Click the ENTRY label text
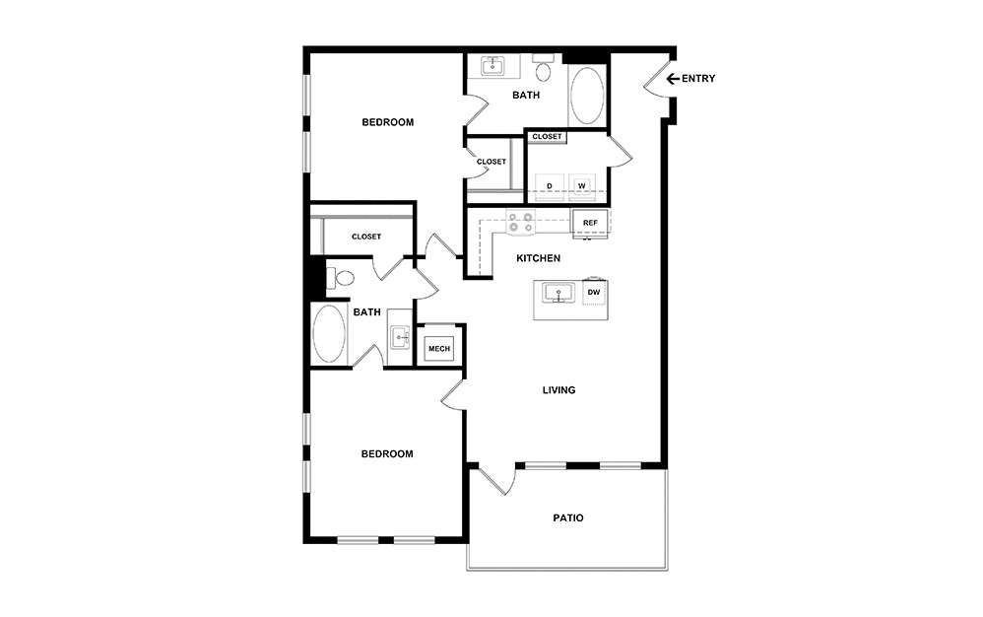pyautogui.click(x=697, y=79)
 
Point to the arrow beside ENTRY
pyautogui.click(x=673, y=79)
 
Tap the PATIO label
pyautogui.click(x=568, y=517)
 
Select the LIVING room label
pyautogui.click(x=558, y=390)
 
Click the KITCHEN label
pyautogui.click(x=539, y=258)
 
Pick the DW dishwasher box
pyautogui.click(x=594, y=293)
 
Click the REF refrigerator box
pyautogui.click(x=590, y=224)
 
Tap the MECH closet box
pyautogui.click(x=438, y=348)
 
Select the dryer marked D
pyautogui.click(x=549, y=185)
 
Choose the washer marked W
pyautogui.click(x=582, y=185)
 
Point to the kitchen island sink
pyautogui.click(x=558, y=294)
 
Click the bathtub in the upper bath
pyautogui.click(x=588, y=95)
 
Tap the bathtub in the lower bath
pyautogui.click(x=328, y=335)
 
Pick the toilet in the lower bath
pyautogui.click(x=340, y=279)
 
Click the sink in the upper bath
pyautogui.click(x=492, y=67)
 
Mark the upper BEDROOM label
pyautogui.click(x=387, y=123)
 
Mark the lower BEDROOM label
pyautogui.click(x=387, y=454)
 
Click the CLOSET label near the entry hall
pyautogui.click(x=547, y=137)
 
